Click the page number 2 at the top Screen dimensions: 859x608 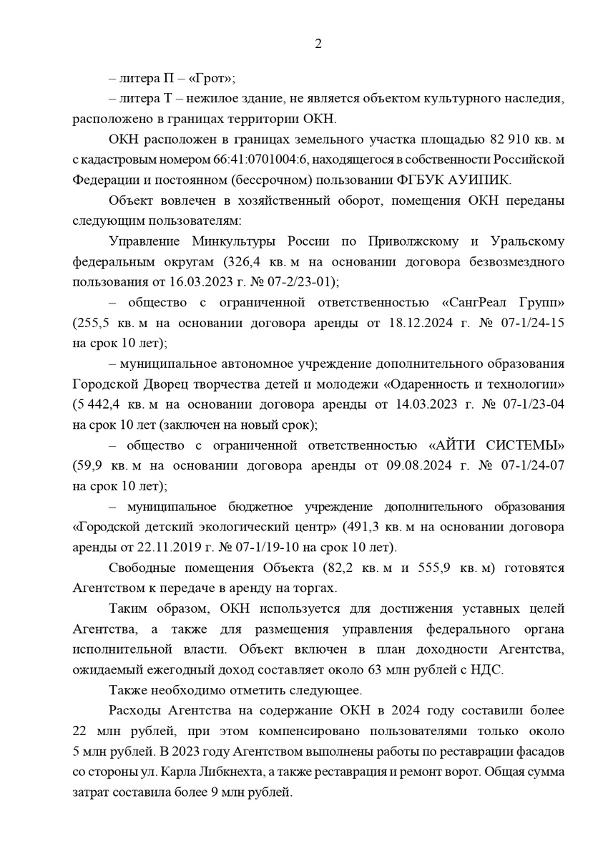click(318, 44)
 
